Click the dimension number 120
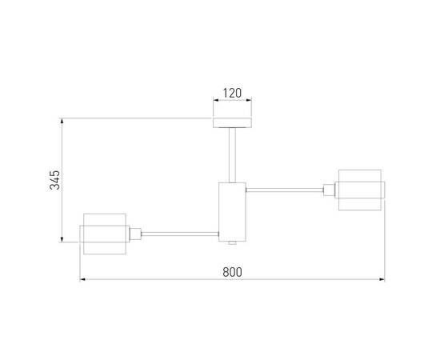[231, 94]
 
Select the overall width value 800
[231, 271]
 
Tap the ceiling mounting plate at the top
[231, 122]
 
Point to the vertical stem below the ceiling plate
[231, 154]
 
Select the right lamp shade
[362, 190]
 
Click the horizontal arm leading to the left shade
[180, 234]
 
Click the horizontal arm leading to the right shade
[284, 190]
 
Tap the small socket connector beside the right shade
[329, 190]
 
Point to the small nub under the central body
[231, 242]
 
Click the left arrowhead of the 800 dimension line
[82, 280]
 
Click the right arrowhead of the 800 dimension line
[382, 280]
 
